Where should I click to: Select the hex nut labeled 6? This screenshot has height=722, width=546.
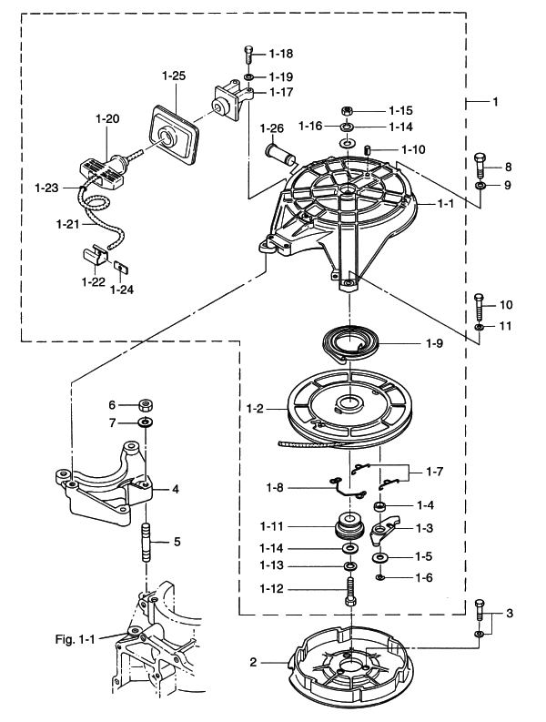pos(145,405)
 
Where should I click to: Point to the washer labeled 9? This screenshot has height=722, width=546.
pos(480,186)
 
